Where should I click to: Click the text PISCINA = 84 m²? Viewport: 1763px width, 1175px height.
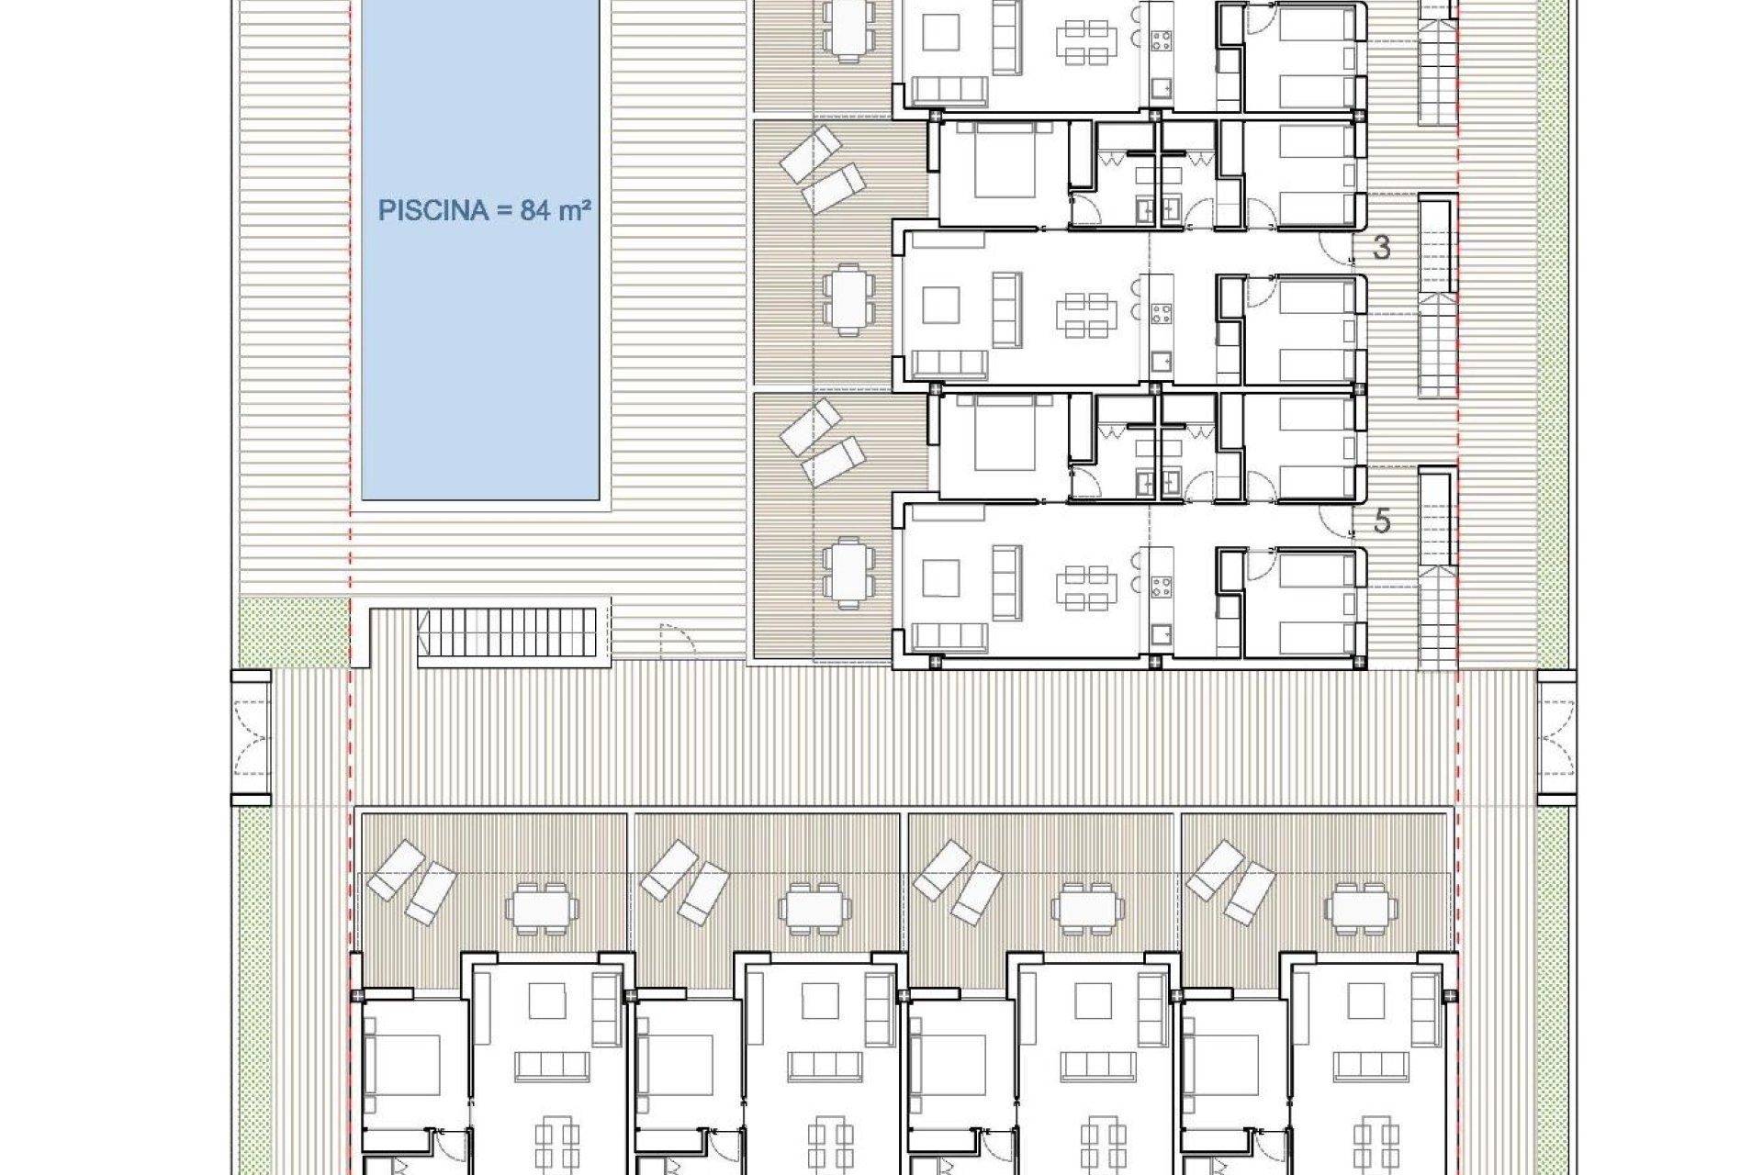(x=484, y=211)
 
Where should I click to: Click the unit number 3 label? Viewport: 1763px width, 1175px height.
(x=1382, y=247)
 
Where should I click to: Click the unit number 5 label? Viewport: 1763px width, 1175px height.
(x=1382, y=521)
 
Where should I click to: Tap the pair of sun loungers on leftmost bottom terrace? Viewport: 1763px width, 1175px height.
(x=411, y=881)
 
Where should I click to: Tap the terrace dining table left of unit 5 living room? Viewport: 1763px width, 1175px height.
(x=844, y=575)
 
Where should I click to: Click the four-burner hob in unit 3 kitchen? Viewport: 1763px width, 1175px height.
(x=1161, y=314)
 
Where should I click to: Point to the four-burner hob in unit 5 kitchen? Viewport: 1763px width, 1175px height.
(x=1161, y=587)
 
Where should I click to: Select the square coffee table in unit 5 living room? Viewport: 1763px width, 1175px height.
(x=940, y=578)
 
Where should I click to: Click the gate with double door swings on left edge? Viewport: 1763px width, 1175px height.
(x=252, y=736)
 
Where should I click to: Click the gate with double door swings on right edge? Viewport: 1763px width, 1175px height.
(x=1556, y=736)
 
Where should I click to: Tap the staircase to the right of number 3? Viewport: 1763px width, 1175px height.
(x=1438, y=294)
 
